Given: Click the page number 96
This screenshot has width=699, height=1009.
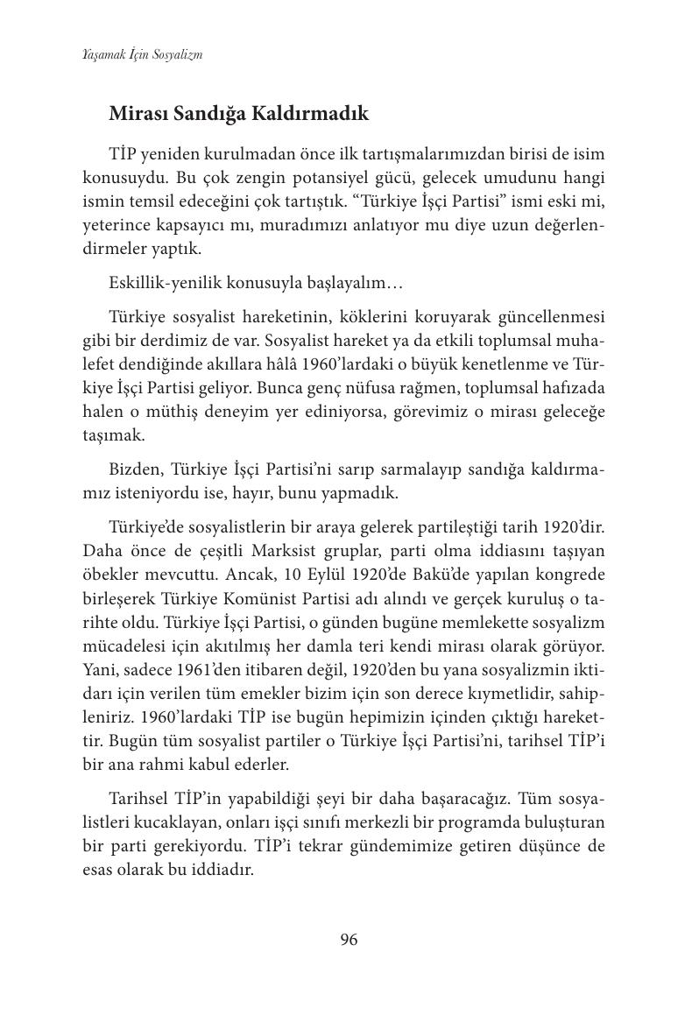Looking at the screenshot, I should (349, 940).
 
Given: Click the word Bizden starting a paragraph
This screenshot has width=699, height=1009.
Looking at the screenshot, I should (135, 469).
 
